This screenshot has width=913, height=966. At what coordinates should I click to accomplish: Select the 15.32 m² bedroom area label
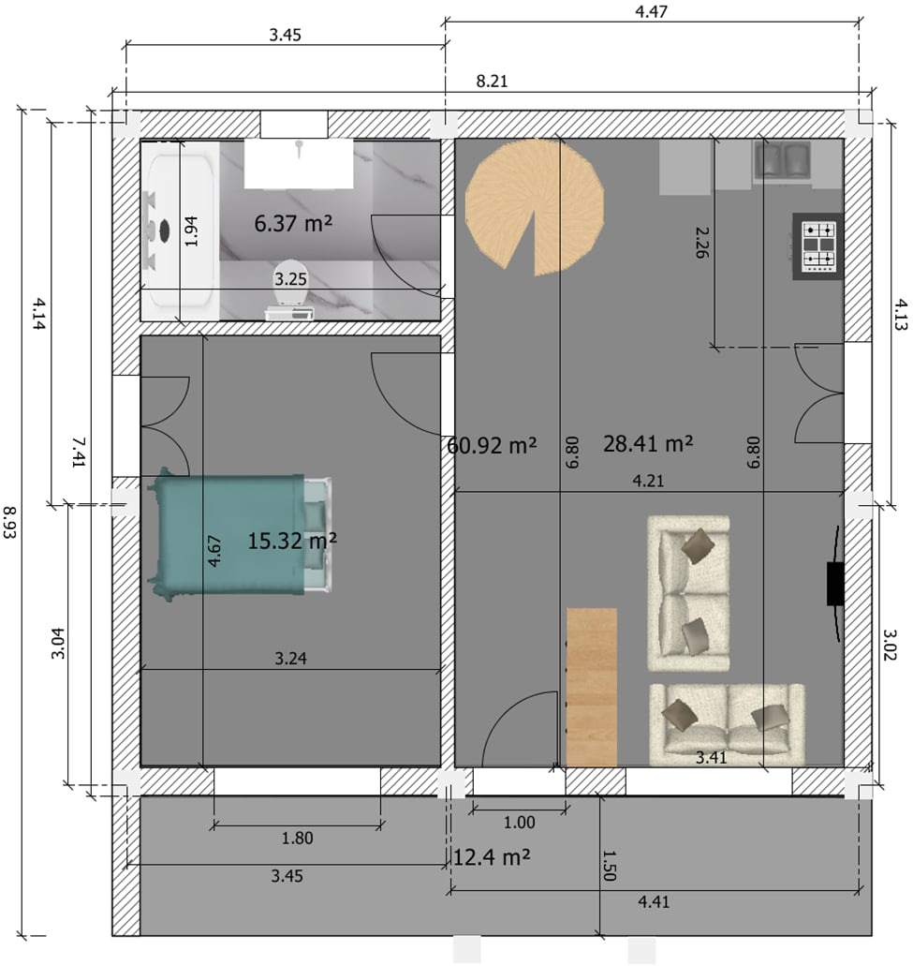pyautogui.click(x=292, y=541)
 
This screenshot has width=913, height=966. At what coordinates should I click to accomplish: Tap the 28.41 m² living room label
pyautogui.click(x=647, y=443)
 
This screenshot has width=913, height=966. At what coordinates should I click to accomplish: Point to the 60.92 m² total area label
pyautogui.click(x=492, y=446)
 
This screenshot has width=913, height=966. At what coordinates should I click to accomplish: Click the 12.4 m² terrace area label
pyautogui.click(x=493, y=856)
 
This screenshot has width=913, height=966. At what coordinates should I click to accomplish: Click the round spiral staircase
pyautogui.click(x=533, y=206)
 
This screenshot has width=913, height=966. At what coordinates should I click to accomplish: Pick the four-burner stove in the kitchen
pyautogui.click(x=817, y=245)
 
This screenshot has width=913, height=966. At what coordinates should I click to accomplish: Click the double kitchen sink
pyautogui.click(x=783, y=160)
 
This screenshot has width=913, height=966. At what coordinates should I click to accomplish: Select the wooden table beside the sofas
pyautogui.click(x=592, y=686)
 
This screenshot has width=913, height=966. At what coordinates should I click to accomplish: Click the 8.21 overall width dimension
pyautogui.click(x=492, y=82)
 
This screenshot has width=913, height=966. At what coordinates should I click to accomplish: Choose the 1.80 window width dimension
pyautogui.click(x=297, y=839)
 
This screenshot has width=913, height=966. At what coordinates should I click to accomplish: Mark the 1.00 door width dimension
pyautogui.click(x=519, y=824)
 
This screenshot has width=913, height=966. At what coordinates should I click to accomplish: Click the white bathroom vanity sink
pyautogui.click(x=299, y=163)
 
